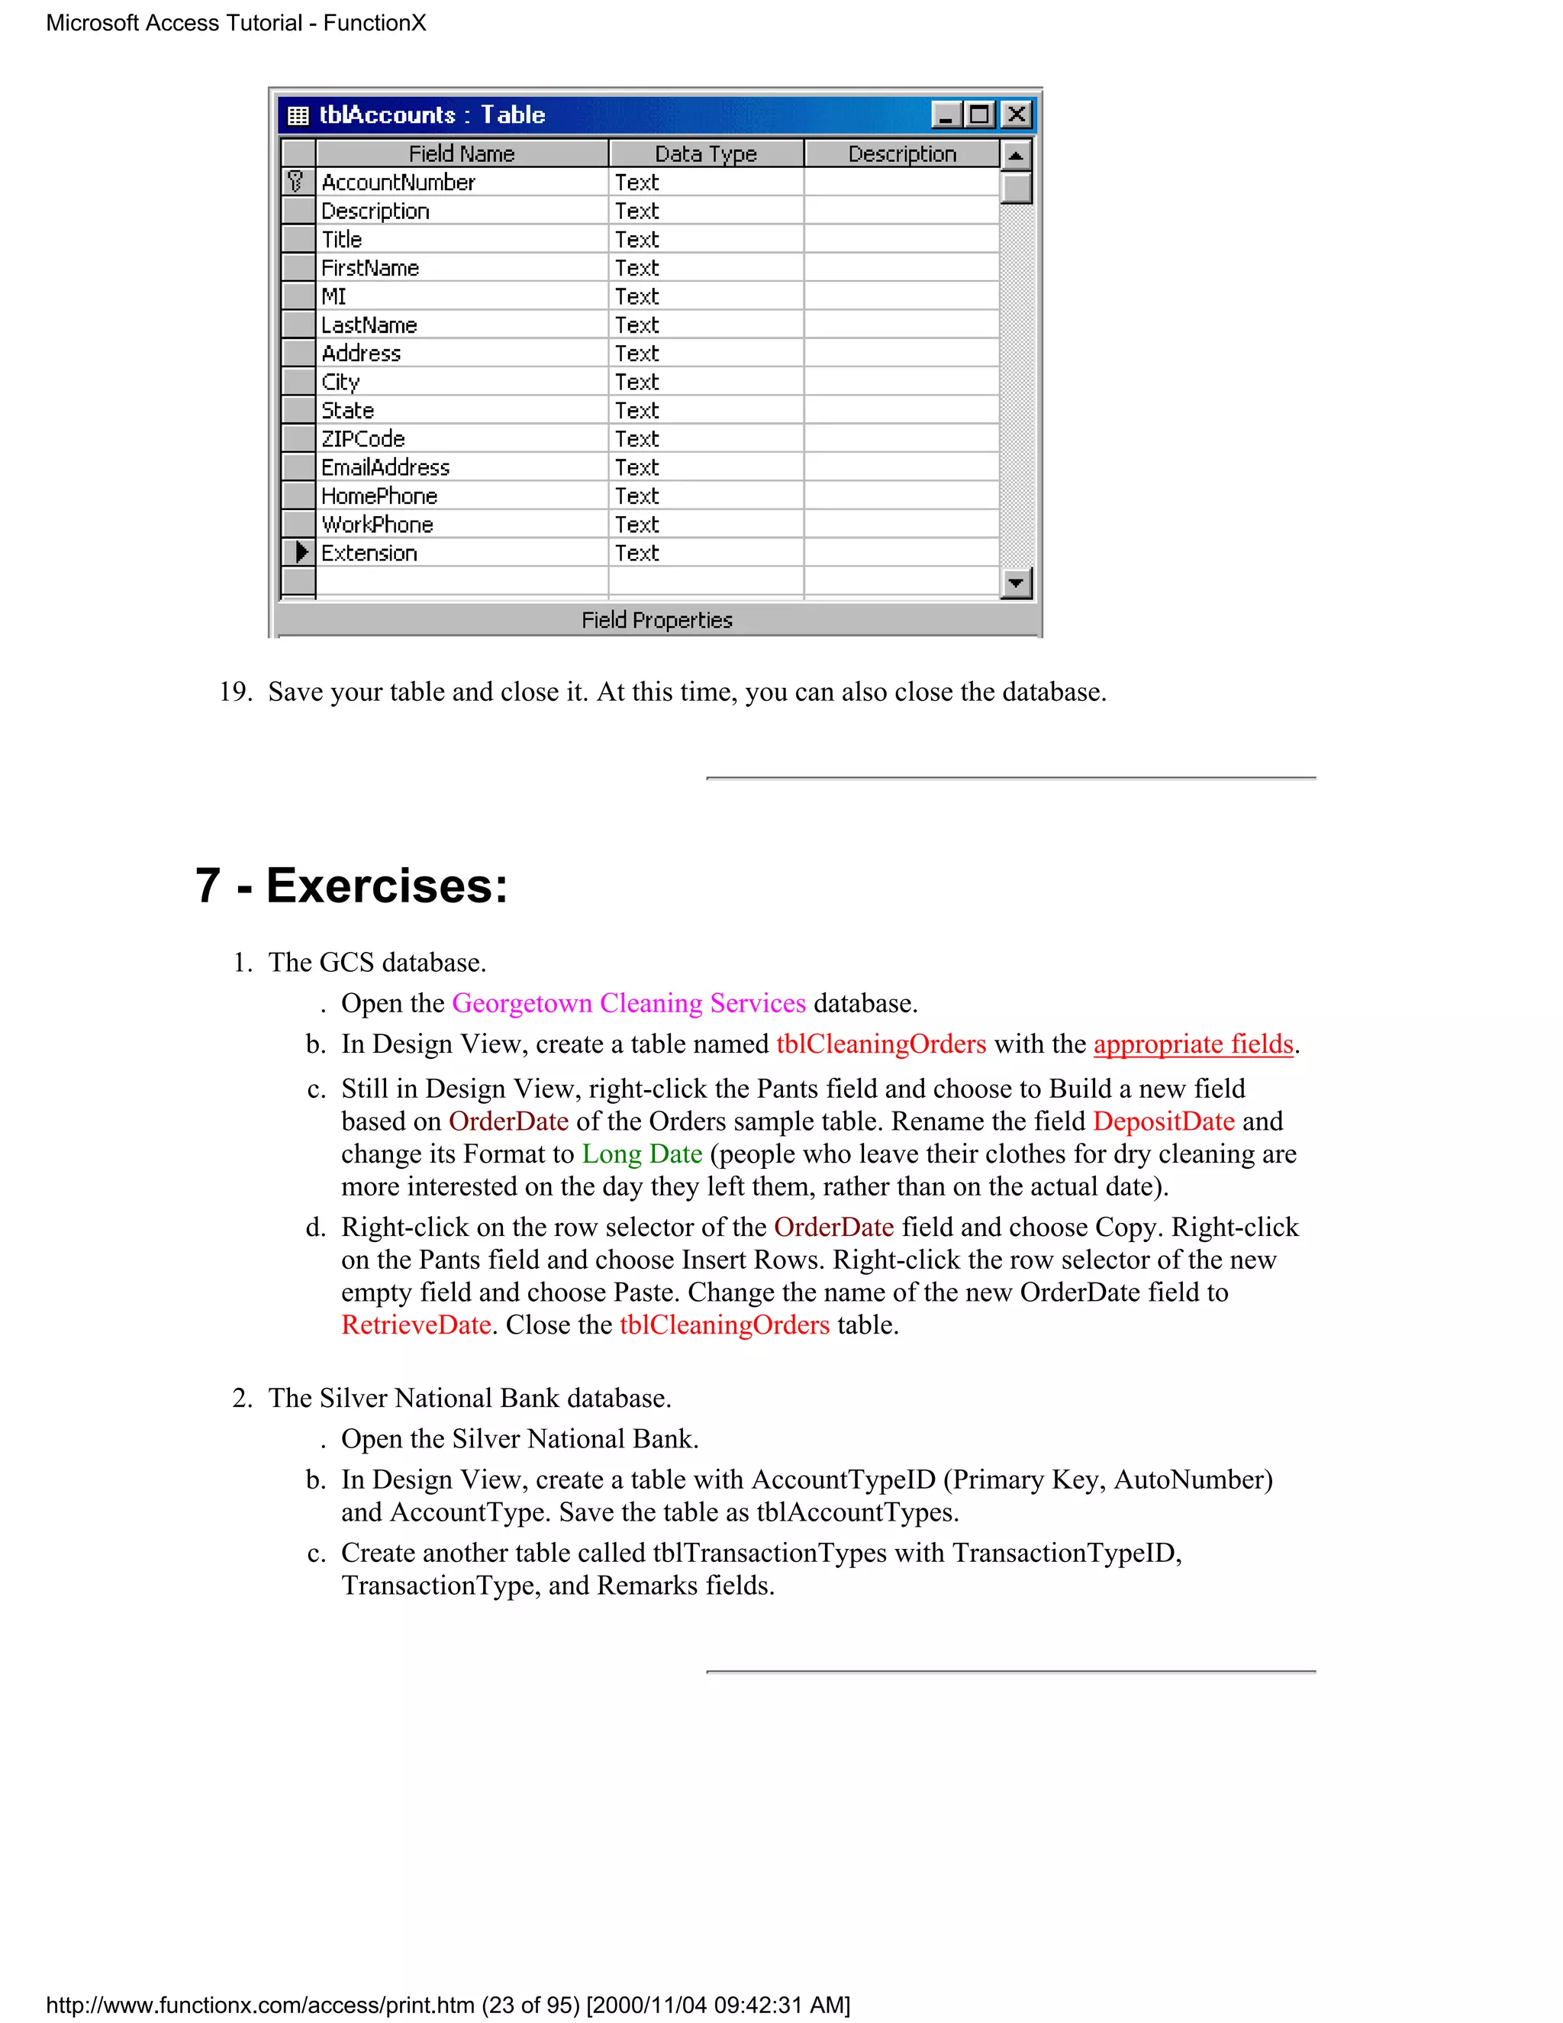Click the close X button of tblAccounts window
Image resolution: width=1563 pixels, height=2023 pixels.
pos(1017,115)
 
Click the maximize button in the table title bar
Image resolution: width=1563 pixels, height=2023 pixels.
pos(980,115)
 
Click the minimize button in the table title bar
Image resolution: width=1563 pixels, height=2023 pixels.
pos(946,115)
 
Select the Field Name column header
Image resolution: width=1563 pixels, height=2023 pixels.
pos(461,153)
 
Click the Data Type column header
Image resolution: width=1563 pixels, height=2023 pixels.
pos(706,153)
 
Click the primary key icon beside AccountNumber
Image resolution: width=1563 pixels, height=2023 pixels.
pos(296,182)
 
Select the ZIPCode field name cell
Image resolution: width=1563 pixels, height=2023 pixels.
pos(364,439)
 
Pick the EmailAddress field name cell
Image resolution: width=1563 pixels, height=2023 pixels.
pos(385,468)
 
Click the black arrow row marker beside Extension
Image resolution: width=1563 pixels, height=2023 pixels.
pos(299,553)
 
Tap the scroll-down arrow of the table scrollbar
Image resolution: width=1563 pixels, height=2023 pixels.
pos(1016,582)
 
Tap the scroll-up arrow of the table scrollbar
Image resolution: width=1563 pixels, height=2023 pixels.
pos(1016,155)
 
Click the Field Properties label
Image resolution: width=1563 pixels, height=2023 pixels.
pos(656,621)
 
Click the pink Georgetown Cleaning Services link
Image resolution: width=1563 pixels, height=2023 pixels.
pos(629,1003)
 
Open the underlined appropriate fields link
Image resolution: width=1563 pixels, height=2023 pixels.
pos(1193,1044)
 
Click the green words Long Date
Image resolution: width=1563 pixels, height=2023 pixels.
pos(642,1154)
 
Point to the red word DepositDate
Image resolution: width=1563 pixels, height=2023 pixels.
pos(1163,1121)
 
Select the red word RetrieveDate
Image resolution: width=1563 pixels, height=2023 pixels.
pos(416,1325)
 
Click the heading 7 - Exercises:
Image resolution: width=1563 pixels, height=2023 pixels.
pos(352,886)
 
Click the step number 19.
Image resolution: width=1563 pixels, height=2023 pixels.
pos(235,692)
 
